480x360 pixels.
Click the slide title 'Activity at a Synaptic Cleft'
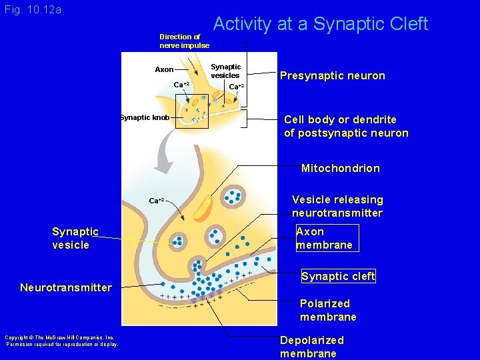point(320,25)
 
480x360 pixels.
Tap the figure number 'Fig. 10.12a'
point(33,10)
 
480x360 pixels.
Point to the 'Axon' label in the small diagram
point(164,69)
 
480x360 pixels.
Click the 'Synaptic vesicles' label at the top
point(225,71)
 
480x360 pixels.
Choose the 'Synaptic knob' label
point(144,118)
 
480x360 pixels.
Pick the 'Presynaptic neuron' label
point(332,76)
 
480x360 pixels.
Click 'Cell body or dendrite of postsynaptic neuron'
point(346,126)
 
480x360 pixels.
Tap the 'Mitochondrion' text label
point(340,168)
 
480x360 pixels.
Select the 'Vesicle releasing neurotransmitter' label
point(337,206)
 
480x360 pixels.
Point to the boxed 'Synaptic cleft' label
point(338,276)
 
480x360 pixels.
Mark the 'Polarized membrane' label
point(328,309)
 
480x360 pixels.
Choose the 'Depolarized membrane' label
point(312,347)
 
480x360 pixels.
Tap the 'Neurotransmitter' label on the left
point(65,287)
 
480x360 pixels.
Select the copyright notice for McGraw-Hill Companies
point(61,341)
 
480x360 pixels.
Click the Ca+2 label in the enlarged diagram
point(156,200)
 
